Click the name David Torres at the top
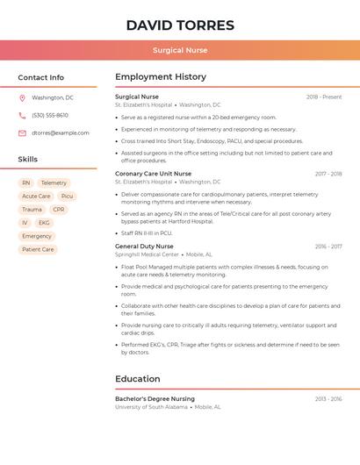(x=180, y=25)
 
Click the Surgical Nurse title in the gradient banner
(x=180, y=50)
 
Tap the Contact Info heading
(x=40, y=77)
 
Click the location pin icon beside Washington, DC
(x=22, y=97)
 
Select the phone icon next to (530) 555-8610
(x=22, y=115)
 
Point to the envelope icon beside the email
(x=22, y=132)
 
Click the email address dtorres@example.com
(x=61, y=132)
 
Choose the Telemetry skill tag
(x=54, y=183)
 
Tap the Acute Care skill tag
(x=36, y=197)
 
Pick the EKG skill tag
(x=44, y=223)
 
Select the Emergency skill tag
(x=37, y=236)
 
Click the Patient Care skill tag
(x=38, y=249)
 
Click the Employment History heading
(x=161, y=77)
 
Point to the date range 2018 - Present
(x=324, y=97)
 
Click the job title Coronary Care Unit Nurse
(x=153, y=174)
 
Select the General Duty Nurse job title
(x=144, y=247)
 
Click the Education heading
(x=138, y=379)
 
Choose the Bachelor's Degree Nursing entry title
(x=155, y=399)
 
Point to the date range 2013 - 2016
(x=328, y=399)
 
